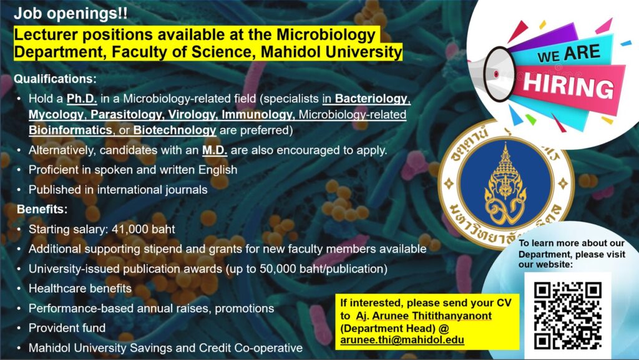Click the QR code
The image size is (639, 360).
pos(568,316)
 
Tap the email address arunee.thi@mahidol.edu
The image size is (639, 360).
pos(402,340)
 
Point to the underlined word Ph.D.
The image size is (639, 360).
pos(82,99)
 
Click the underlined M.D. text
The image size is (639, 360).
pos(215,150)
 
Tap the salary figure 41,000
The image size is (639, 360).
pos(124,229)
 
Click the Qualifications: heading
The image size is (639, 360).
pos(56,79)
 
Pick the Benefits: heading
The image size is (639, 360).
pos(42,209)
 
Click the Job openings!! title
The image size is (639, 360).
pos(71,14)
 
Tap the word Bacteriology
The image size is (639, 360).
pos(371,99)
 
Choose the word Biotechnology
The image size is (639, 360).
pos(175,130)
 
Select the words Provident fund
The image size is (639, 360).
pos(67,328)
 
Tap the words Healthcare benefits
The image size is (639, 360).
pos(80,288)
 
